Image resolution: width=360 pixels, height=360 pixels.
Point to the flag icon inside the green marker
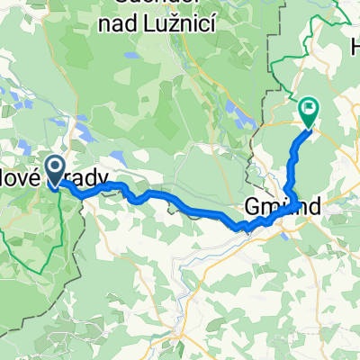click(309, 110)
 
